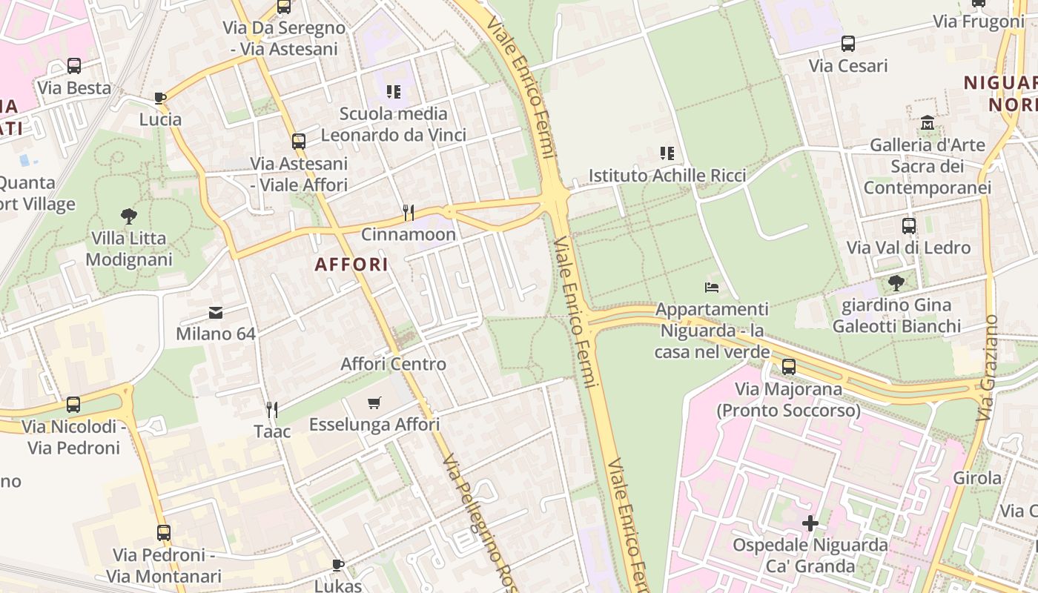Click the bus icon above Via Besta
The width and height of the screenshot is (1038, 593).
click(74, 65)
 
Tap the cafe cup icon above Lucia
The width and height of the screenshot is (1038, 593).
click(160, 98)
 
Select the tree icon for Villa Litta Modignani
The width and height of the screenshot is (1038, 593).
click(129, 216)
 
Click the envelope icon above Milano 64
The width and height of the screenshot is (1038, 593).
click(216, 312)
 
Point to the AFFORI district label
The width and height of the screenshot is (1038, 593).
click(351, 265)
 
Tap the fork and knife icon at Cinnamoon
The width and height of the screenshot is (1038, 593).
click(408, 213)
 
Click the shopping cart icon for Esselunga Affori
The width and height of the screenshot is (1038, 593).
click(374, 402)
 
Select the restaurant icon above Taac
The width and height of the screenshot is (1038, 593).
click(272, 409)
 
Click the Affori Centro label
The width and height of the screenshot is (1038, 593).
click(393, 364)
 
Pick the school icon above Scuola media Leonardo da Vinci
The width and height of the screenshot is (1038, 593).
click(394, 92)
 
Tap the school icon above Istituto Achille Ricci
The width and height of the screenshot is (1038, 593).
click(667, 153)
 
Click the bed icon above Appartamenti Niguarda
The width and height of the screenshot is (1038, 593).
click(712, 287)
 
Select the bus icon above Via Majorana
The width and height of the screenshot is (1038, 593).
click(789, 367)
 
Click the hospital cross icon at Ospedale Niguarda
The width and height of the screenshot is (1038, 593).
click(810, 523)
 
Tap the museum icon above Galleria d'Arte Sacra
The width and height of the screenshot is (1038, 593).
click(928, 122)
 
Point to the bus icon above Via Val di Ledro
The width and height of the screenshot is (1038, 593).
click(909, 225)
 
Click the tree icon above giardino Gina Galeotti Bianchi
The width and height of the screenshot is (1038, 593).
click(896, 282)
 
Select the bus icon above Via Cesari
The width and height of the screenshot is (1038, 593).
click(848, 44)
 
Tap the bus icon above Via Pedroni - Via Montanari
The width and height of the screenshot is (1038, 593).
click(164, 532)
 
